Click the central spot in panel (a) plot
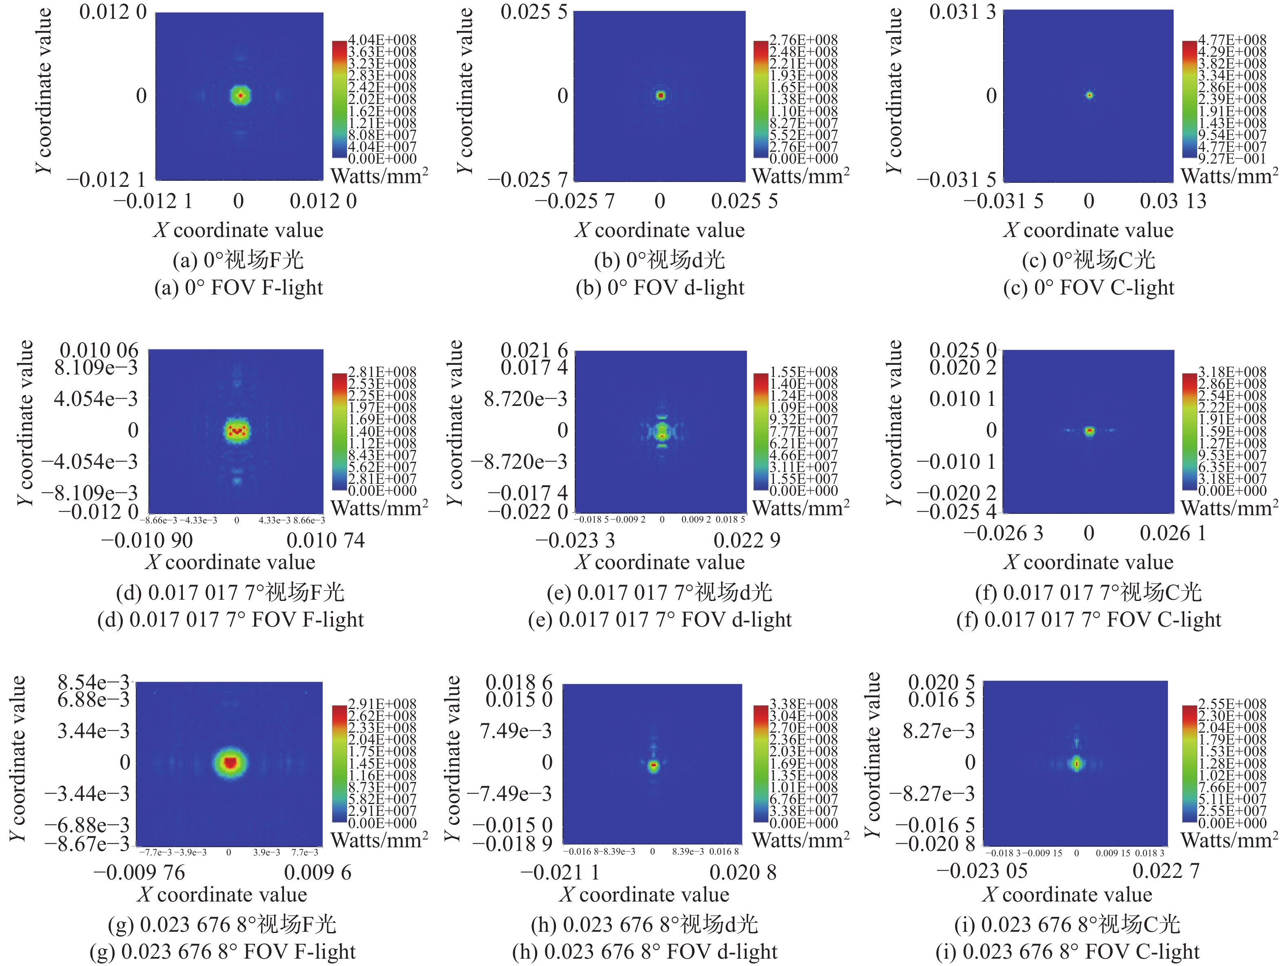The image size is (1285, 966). pyautogui.click(x=240, y=96)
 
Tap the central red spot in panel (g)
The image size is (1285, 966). pyautogui.click(x=230, y=762)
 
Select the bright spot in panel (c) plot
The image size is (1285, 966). pyautogui.click(x=1089, y=95)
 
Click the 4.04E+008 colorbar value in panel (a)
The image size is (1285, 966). pyautogui.click(x=382, y=40)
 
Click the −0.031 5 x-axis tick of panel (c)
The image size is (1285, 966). pyautogui.click(x=1003, y=202)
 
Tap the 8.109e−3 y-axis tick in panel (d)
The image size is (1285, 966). pyautogui.click(x=96, y=368)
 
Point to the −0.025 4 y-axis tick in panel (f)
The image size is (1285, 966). pyautogui.click(x=956, y=512)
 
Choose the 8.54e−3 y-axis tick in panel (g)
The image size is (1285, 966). pyautogui.click(x=93, y=682)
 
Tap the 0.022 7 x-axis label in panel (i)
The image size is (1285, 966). pyautogui.click(x=1166, y=871)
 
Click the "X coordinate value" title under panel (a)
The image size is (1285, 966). pyautogui.click(x=238, y=230)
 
